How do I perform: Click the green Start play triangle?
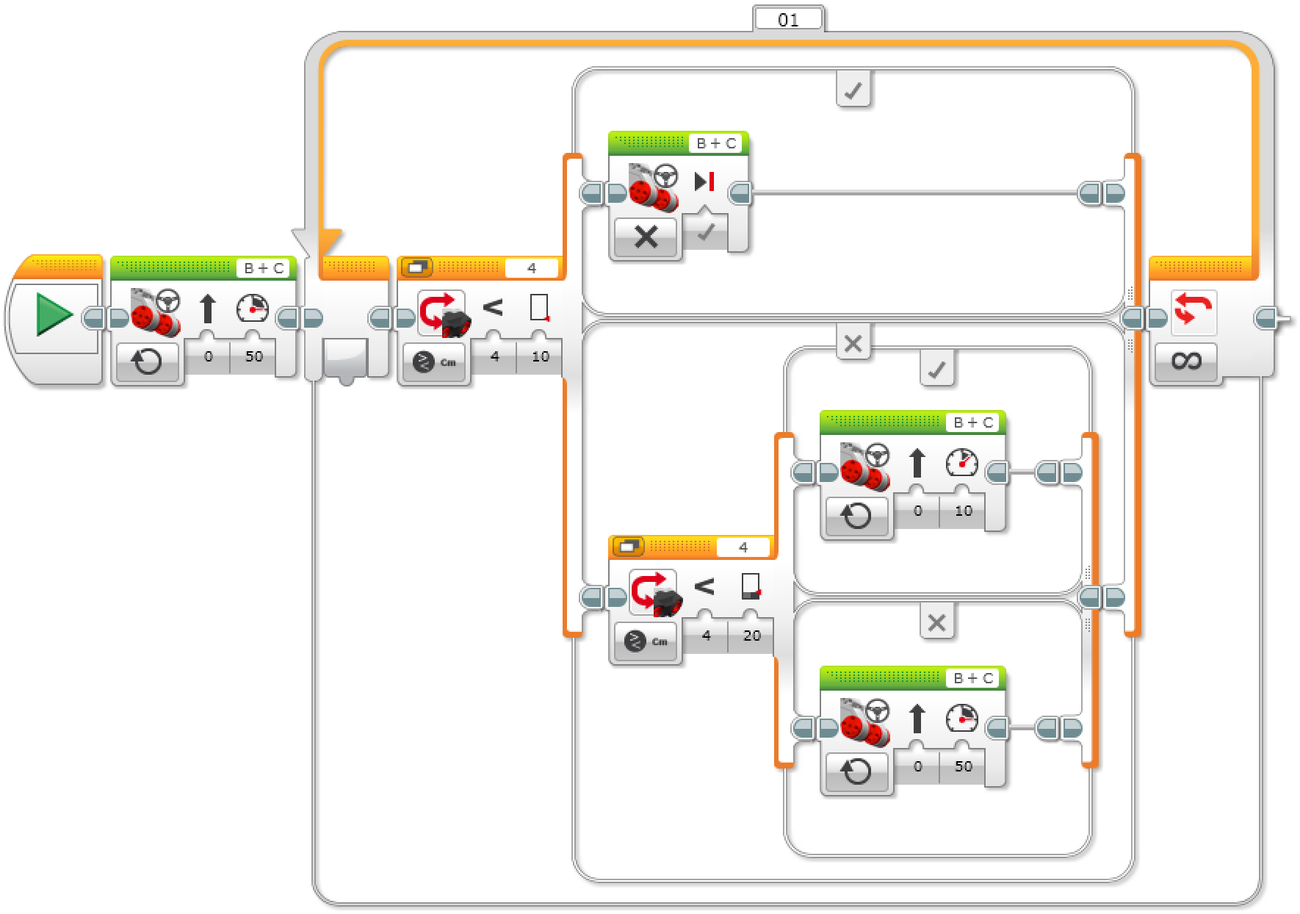coord(54,314)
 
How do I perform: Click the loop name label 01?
coord(787,20)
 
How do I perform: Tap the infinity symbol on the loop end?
coord(1186,361)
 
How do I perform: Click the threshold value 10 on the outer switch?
coord(540,356)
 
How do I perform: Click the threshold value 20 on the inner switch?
coord(751,636)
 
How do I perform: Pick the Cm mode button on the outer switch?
coord(434,361)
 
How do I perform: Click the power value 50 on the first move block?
coord(253,356)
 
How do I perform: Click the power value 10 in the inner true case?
coord(963,511)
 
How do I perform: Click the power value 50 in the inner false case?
coord(963,766)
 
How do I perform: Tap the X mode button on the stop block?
coord(646,237)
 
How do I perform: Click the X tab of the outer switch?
coord(853,343)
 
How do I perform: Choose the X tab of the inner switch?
coord(936,624)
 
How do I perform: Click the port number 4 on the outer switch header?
coord(532,268)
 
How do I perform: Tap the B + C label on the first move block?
coord(264,268)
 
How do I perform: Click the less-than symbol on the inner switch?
coord(704,586)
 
